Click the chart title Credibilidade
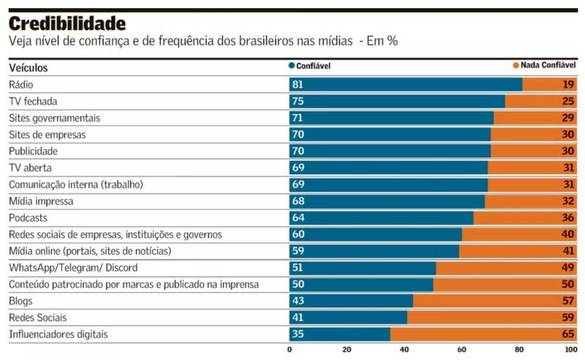tap(67, 23)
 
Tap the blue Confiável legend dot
tap(292, 65)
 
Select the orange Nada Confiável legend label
tap(548, 65)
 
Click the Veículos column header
tap(29, 67)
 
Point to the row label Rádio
tap(21, 84)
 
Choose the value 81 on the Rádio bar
tap(298, 84)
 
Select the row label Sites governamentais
tap(54, 118)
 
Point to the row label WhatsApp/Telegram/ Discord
tap(73, 267)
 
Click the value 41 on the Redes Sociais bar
tap(298, 318)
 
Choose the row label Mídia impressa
tap(42, 200)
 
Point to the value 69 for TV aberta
tap(298, 168)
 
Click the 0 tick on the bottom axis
tap(290, 350)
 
